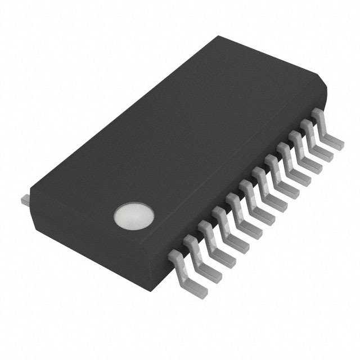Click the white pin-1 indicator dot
click(133, 217)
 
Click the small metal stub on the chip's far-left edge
click(25, 199)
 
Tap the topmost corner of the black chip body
click(219, 37)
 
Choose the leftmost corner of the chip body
click(31, 194)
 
